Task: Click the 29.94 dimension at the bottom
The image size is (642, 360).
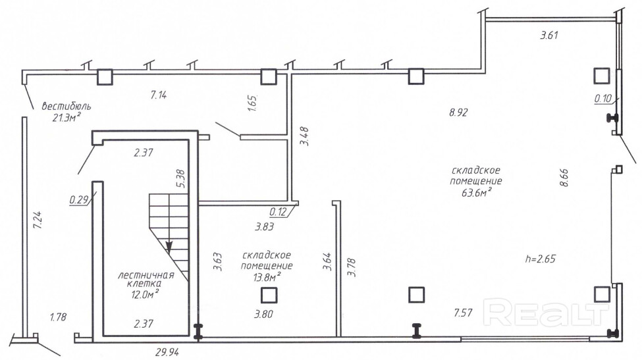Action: [x=167, y=352]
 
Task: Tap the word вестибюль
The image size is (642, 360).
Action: [x=67, y=107]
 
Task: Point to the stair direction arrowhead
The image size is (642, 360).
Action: [x=169, y=246]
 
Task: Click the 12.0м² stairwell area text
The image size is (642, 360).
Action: [x=144, y=294]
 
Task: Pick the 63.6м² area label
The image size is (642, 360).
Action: [x=477, y=192]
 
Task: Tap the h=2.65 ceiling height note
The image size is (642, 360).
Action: [x=541, y=259]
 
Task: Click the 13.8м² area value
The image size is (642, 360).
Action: [x=267, y=277]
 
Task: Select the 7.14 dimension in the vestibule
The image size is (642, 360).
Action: [x=159, y=95]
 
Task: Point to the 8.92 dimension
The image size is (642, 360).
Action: [x=458, y=113]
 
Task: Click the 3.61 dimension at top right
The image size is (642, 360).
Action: [x=549, y=35]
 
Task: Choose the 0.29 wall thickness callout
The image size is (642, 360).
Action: [x=79, y=199]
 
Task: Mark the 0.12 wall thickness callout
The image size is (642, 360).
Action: [x=279, y=212]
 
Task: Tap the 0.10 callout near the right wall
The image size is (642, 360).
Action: [x=602, y=98]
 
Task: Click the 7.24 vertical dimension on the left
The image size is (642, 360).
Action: [x=38, y=220]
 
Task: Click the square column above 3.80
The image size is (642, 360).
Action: [x=269, y=295]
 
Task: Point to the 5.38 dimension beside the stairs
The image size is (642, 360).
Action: [x=180, y=178]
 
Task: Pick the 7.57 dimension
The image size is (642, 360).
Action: [x=463, y=313]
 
